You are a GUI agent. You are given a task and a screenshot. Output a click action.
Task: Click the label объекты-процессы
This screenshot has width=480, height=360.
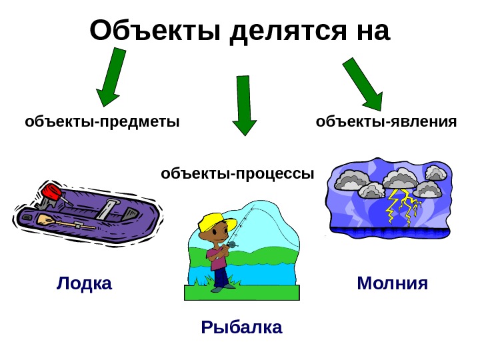[237, 174]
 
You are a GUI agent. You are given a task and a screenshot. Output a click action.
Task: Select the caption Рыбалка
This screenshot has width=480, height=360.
[241, 327]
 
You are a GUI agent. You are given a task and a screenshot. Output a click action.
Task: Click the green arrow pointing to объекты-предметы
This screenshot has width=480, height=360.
[111, 79]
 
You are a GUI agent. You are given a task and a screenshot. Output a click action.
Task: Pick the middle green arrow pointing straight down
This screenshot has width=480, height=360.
[244, 105]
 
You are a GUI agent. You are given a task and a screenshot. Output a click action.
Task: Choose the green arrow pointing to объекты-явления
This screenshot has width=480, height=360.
[363, 83]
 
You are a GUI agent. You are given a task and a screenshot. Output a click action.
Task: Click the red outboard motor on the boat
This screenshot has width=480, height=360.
[51, 193]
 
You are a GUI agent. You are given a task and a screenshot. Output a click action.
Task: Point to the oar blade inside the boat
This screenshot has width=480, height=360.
[45, 219]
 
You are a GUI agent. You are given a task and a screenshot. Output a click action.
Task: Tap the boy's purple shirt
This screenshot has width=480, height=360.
[219, 256]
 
